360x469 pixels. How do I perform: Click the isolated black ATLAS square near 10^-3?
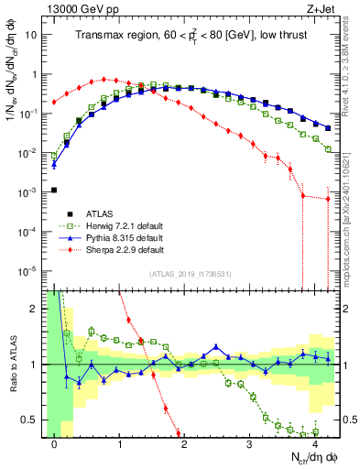click(55, 190)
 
